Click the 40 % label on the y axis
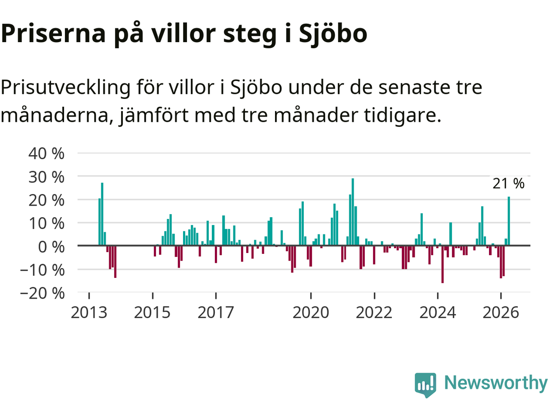pos(46,154)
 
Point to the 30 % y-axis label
pos(46,177)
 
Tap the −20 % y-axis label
pos(43,293)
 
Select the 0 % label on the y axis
pos(51,247)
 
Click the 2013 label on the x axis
pos(89,313)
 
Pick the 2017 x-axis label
pos(216,313)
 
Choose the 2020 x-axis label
pos(311,313)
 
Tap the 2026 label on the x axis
pos(501,313)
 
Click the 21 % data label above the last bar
pos(508,184)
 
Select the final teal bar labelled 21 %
pos(509,221)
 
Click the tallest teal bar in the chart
pos(353,212)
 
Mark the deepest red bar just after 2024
pos(443,264)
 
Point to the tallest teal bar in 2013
pos(102,214)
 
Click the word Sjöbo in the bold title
pos(333,34)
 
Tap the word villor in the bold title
pos(183,34)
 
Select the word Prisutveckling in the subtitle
pos(66,88)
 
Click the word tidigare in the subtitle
pos(402,116)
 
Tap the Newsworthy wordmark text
pos(496,383)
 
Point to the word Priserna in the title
pos(53,34)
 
